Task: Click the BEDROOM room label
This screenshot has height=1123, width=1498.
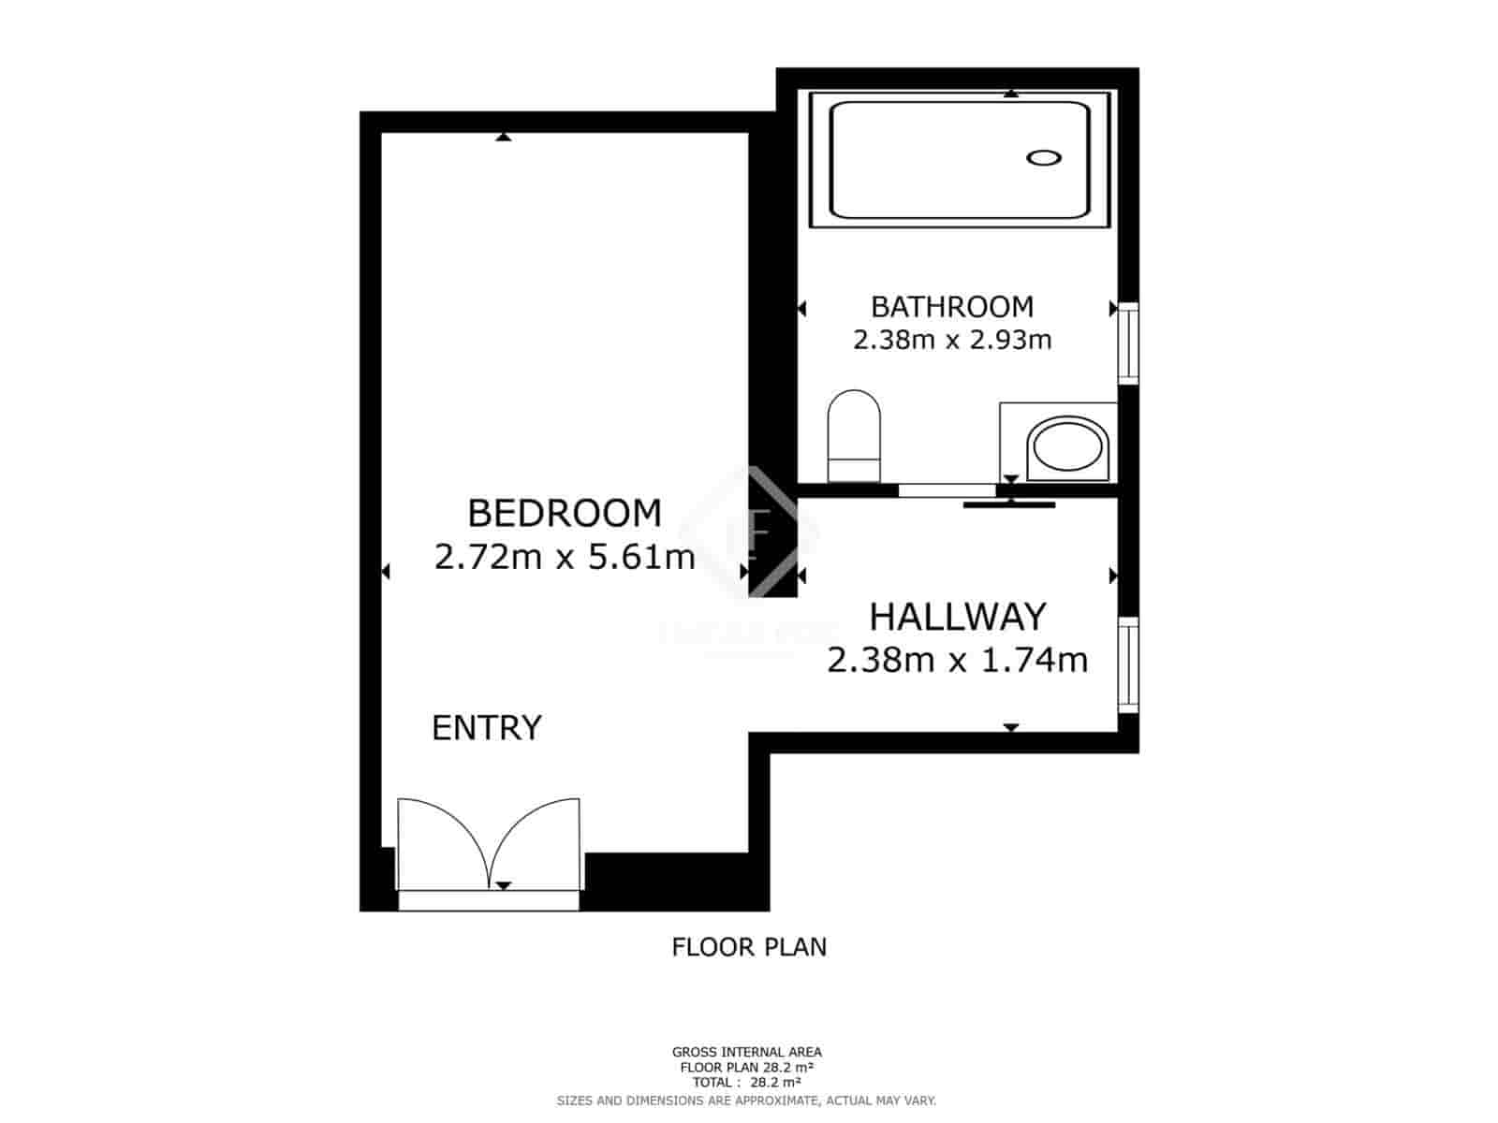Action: pos(564,514)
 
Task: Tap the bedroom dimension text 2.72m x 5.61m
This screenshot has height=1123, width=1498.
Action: pos(565,558)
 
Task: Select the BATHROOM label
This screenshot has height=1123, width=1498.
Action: pos(951,307)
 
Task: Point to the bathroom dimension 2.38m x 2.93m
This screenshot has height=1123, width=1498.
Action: pos(951,340)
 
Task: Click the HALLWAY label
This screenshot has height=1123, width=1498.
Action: pos(957,618)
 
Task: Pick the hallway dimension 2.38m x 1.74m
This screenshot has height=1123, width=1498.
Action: pos(957,661)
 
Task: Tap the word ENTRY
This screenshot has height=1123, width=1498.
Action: pos(486,728)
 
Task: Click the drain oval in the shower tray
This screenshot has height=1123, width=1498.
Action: pos(1043,157)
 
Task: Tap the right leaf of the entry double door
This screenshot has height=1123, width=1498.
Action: pos(538,842)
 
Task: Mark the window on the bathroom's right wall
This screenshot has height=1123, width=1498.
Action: pos(1129,343)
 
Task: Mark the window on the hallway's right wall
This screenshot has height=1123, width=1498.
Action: pos(1129,664)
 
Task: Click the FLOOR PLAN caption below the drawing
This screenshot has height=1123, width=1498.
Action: pos(749,947)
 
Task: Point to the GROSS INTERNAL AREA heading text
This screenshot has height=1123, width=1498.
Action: pos(746,1053)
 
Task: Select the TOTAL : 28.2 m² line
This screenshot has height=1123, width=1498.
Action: pos(746,1082)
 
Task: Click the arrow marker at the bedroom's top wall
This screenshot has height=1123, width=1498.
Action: pos(504,138)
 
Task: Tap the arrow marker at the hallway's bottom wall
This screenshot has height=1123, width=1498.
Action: pos(1011,727)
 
